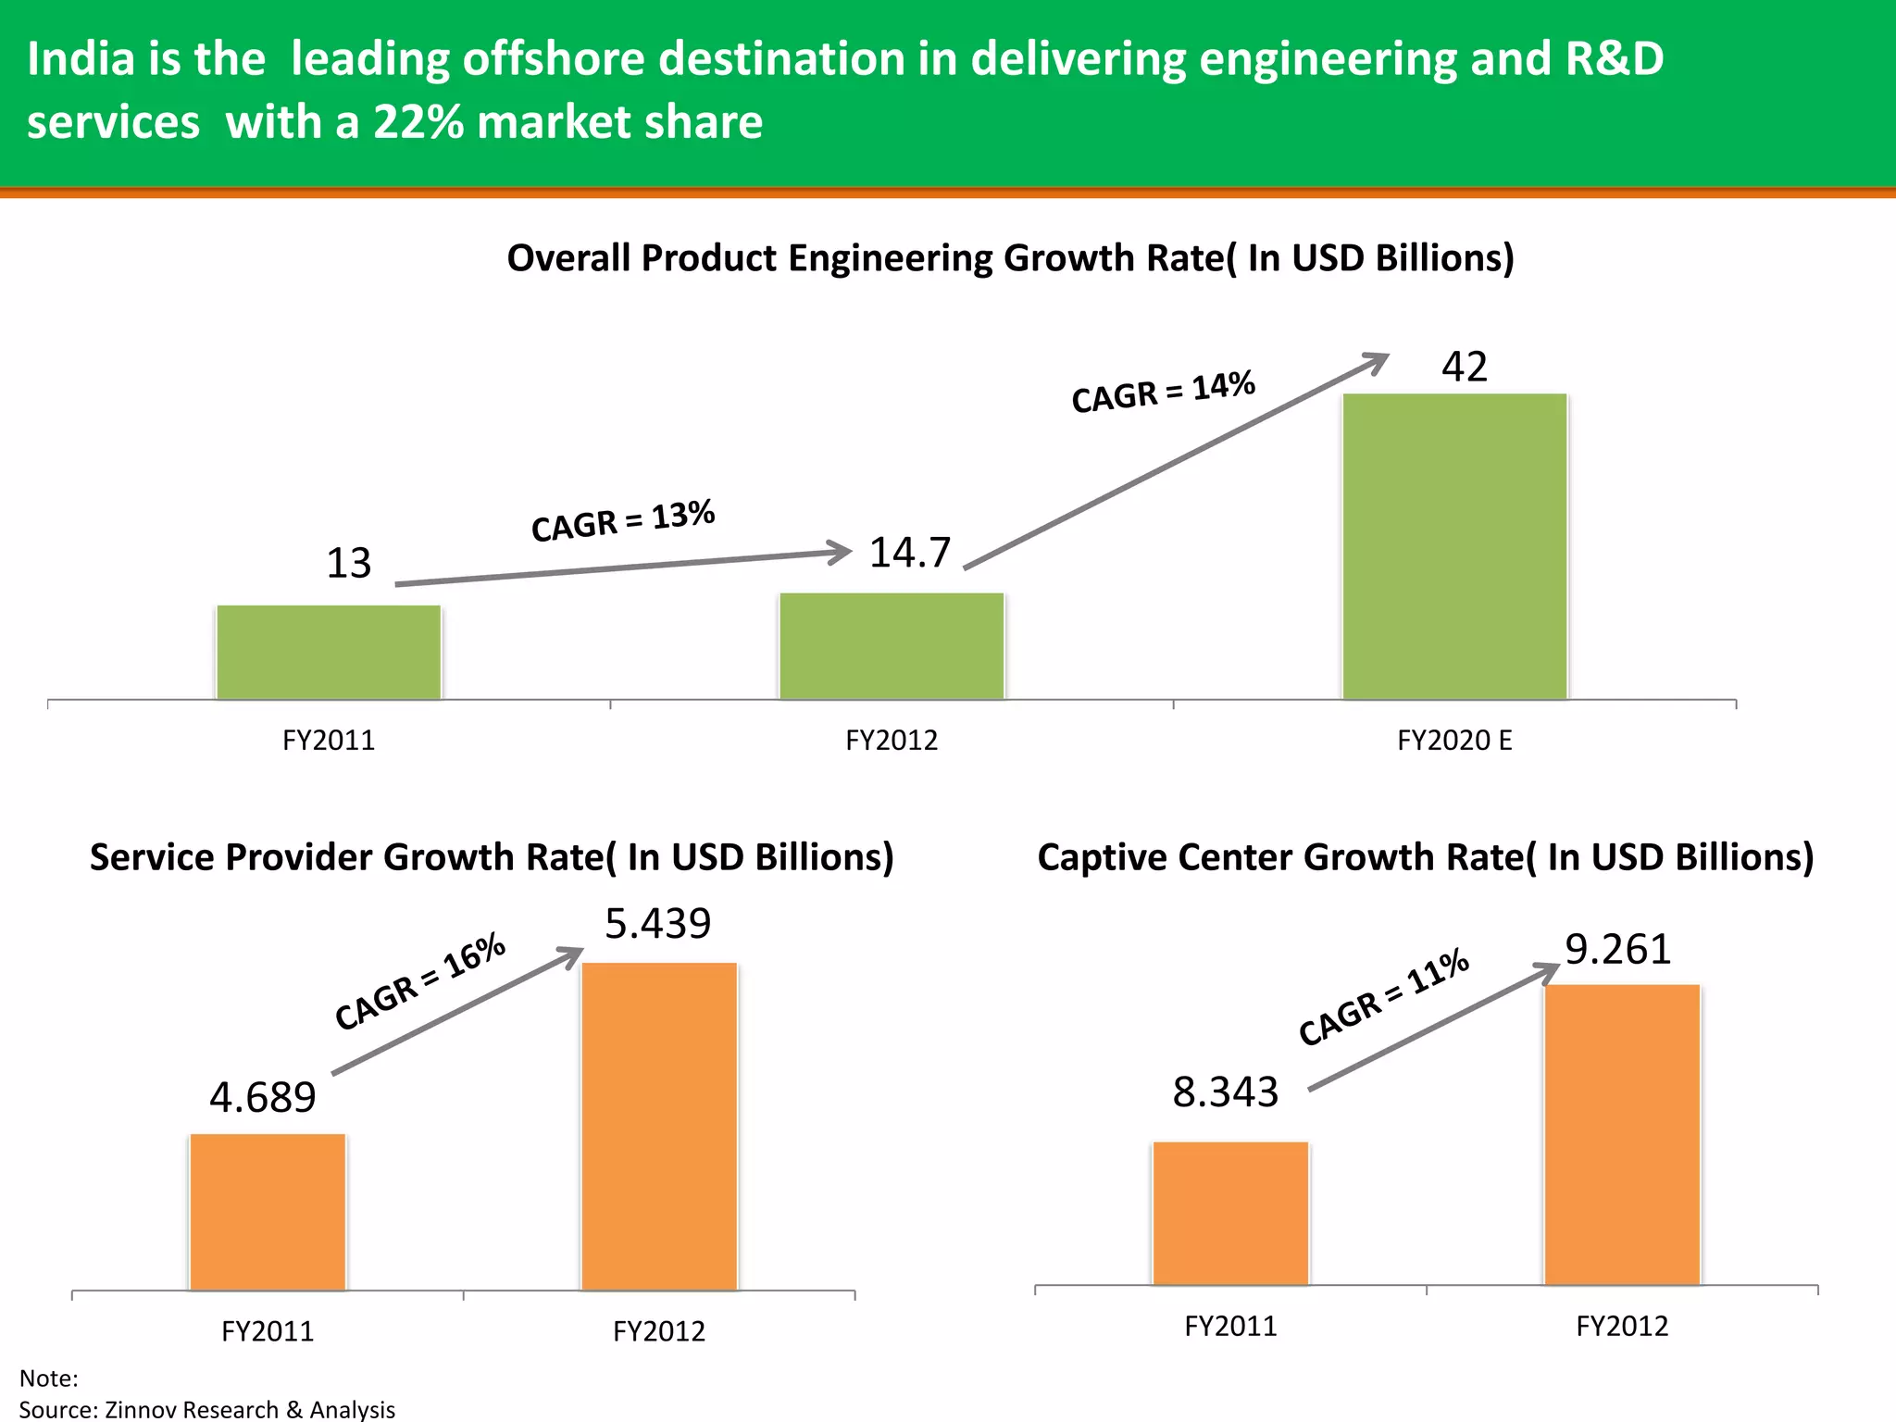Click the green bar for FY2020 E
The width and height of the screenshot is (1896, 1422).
point(1454,546)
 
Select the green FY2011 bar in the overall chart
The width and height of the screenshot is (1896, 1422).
point(329,653)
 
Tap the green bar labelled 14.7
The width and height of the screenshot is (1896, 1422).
point(892,646)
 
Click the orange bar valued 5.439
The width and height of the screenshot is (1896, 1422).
point(659,1126)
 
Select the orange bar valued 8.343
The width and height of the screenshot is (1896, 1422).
point(1230,1213)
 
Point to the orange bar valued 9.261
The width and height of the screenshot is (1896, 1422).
point(1622,1134)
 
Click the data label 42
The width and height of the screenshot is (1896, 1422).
point(1464,368)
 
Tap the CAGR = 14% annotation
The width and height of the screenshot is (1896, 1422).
point(1163,392)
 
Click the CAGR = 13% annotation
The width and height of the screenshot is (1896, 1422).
point(623,520)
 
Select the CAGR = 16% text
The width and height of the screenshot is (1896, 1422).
point(420,981)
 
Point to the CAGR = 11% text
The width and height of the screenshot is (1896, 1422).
point(1383,997)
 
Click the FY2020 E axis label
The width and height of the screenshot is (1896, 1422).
point(1454,741)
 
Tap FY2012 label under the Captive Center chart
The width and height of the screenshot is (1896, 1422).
point(1622,1326)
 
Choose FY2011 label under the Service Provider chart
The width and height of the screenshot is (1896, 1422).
point(268,1331)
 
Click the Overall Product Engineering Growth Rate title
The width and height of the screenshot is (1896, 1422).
point(1010,258)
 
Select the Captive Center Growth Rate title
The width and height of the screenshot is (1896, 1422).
point(1425,857)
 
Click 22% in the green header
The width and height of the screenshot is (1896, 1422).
point(418,122)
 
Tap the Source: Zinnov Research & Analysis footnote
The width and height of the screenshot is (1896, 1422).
point(207,1409)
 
